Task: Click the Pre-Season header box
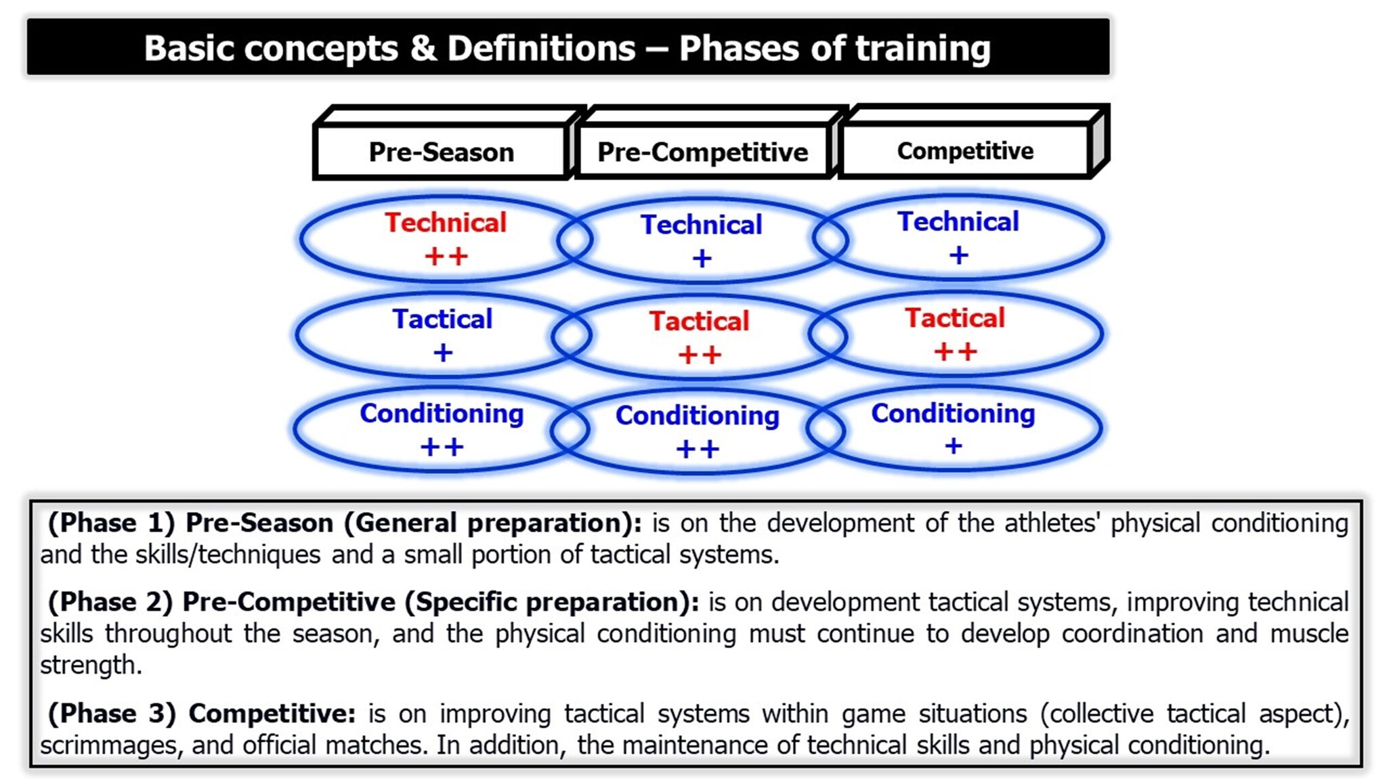click(441, 151)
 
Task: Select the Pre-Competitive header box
click(702, 151)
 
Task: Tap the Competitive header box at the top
click(965, 150)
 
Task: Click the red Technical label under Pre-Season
click(446, 222)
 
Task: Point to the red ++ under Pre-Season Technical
click(446, 257)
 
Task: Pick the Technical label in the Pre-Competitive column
click(702, 224)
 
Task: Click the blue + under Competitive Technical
click(958, 255)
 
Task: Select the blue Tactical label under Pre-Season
click(442, 319)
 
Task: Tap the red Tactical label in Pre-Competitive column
click(699, 321)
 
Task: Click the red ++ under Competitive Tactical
click(955, 351)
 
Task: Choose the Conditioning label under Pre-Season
click(442, 414)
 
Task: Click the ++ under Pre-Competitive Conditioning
click(698, 449)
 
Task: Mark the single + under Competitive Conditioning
click(954, 446)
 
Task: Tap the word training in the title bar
click(922, 49)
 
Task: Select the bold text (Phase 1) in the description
click(112, 523)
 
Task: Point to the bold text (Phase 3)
click(112, 714)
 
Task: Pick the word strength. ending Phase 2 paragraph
click(91, 666)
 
